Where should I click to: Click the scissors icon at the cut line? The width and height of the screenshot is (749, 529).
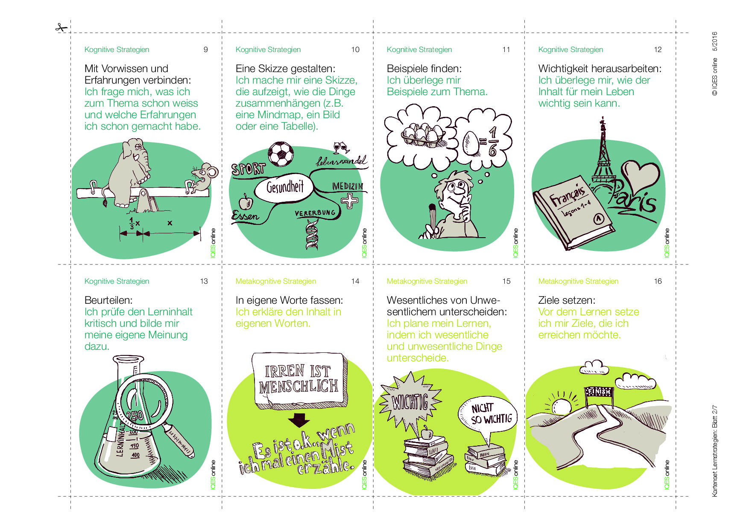pyautogui.click(x=61, y=28)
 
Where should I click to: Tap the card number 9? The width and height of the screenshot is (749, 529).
pyautogui.click(x=205, y=49)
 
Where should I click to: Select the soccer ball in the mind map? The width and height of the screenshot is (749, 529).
pyautogui.click(x=281, y=154)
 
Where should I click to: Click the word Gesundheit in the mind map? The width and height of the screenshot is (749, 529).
pyautogui.click(x=285, y=187)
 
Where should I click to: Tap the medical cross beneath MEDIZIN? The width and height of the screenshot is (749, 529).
pyautogui.click(x=349, y=201)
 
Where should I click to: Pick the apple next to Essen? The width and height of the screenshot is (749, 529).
pyautogui.click(x=246, y=202)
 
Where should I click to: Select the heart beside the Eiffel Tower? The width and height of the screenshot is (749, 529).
pyautogui.click(x=640, y=177)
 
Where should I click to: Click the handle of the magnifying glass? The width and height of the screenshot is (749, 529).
pyautogui.click(x=179, y=439)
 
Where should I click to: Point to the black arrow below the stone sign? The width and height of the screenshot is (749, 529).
pyautogui.click(x=299, y=420)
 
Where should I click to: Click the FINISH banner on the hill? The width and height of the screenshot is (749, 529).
pyautogui.click(x=599, y=391)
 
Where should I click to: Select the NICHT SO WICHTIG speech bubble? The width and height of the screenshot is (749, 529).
pyautogui.click(x=487, y=416)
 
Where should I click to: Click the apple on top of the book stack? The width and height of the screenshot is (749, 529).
pyautogui.click(x=427, y=433)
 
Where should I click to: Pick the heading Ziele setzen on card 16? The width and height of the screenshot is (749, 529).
pyautogui.click(x=567, y=300)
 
